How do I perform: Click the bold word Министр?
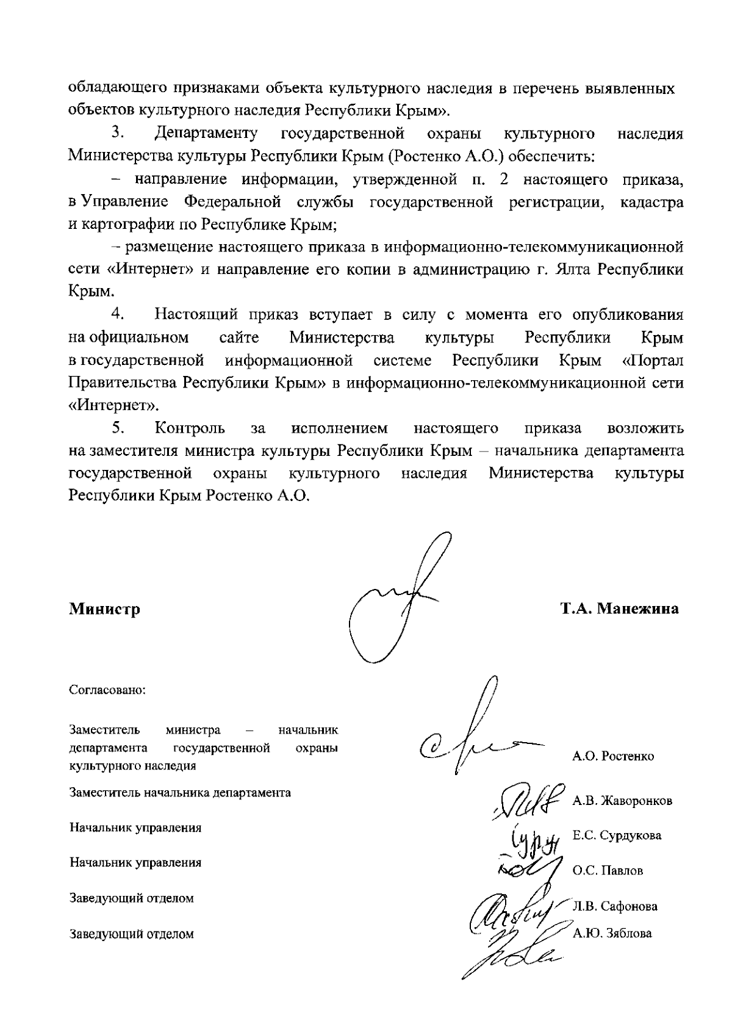(x=104, y=609)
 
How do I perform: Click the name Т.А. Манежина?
(x=620, y=609)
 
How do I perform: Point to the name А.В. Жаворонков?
(x=622, y=801)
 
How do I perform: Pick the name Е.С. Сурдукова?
(x=617, y=835)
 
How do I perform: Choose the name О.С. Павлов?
(x=608, y=871)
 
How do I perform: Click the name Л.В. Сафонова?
(x=615, y=906)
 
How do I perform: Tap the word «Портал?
(x=651, y=361)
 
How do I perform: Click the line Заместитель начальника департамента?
(x=180, y=793)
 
